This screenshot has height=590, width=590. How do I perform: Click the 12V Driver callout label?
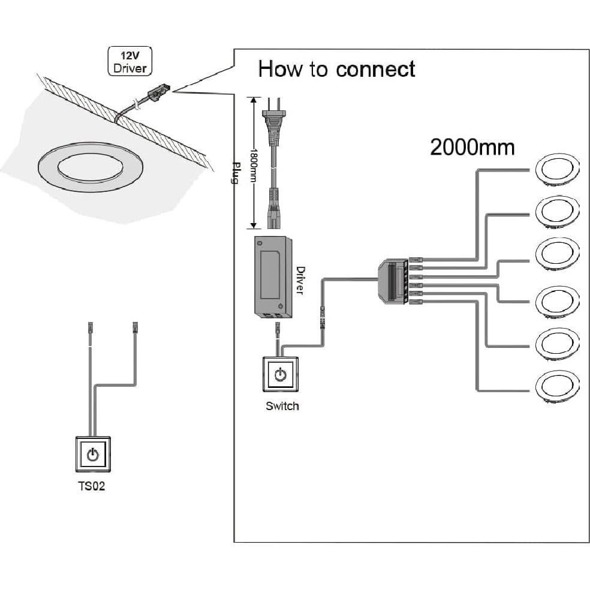(130, 62)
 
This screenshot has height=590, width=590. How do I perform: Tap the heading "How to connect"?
(336, 69)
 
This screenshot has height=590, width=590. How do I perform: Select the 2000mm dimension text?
(472, 147)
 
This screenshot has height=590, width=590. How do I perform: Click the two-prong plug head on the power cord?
(275, 123)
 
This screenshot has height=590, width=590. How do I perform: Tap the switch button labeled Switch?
(279, 375)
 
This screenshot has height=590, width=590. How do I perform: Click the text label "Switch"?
(282, 407)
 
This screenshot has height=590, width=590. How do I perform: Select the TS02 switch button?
(92, 454)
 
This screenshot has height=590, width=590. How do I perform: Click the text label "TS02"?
(91, 486)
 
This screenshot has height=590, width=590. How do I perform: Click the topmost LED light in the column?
(557, 168)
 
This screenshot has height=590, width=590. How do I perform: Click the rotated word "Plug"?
(235, 173)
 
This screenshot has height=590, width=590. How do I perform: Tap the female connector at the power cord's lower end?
(275, 210)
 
